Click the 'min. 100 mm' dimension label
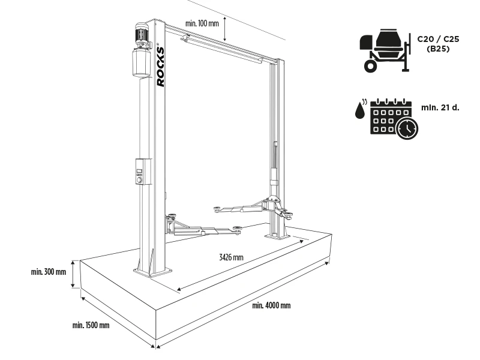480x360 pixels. point(202,23)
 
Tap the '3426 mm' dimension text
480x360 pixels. point(231,257)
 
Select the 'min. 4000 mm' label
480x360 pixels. point(271,305)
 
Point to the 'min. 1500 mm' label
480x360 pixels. point(91,325)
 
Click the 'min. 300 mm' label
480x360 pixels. point(49,272)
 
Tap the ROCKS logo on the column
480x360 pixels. point(160,67)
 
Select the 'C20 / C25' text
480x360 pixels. point(439,39)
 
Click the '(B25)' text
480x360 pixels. point(439,49)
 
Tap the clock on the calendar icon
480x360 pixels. point(407,128)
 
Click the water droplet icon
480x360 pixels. point(361,110)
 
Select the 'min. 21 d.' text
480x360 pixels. point(440,108)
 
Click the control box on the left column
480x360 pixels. point(143,172)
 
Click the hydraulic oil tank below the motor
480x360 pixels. point(142,62)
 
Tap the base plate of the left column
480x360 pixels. point(152,271)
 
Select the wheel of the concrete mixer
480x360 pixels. point(370,66)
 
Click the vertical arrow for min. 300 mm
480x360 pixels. point(73,274)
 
